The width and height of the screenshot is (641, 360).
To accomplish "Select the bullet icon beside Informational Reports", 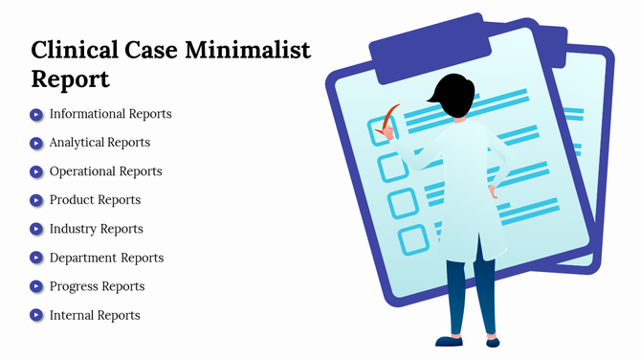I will (x=36, y=114).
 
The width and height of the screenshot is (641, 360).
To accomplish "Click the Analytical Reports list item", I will (x=99, y=143).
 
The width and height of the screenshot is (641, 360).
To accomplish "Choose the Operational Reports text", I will (x=105, y=171).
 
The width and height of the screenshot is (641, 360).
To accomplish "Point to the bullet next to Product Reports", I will (x=36, y=200).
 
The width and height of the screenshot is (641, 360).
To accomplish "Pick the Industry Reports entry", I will (x=96, y=229).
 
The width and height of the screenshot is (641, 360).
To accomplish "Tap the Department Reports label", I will (x=106, y=258).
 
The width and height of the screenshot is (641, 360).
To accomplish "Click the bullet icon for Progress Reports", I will (x=36, y=286).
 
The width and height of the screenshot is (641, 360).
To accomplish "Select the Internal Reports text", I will (x=95, y=315).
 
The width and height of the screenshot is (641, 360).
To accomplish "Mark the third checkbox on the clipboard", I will (x=402, y=203).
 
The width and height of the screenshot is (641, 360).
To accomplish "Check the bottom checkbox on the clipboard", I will (x=412, y=238).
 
